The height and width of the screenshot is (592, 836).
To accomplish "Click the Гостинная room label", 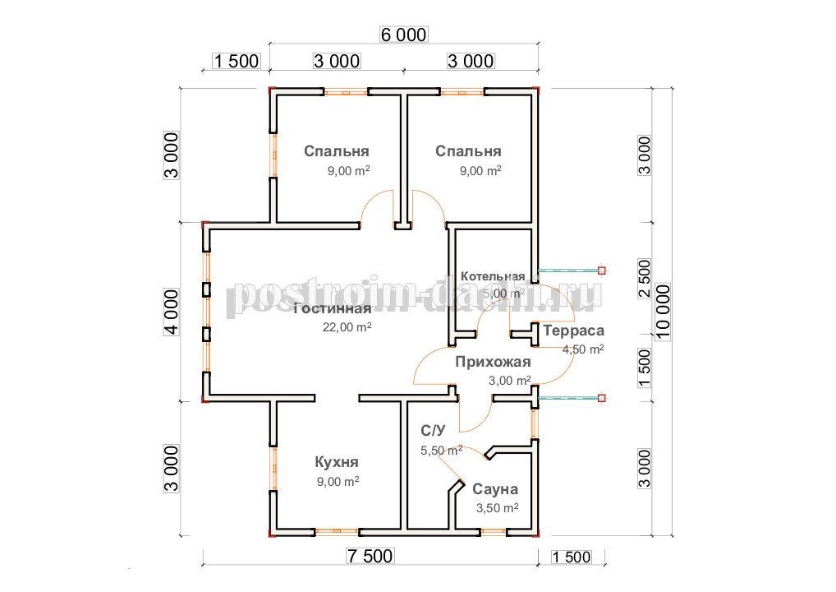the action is (x=332, y=309).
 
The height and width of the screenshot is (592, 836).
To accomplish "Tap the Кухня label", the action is (x=337, y=462).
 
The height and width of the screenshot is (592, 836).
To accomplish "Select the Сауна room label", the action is (x=494, y=489).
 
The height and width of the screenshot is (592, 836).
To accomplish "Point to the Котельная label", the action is (x=493, y=276).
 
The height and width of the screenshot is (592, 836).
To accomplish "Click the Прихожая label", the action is (x=493, y=362).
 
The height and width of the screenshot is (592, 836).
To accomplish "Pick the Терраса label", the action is (x=574, y=331).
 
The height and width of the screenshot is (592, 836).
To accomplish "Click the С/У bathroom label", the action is (x=433, y=431).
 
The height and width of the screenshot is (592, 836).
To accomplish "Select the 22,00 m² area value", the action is (x=347, y=326).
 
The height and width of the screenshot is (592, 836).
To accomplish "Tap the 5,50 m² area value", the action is (x=442, y=451).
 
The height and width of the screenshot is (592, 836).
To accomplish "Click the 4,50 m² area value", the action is (x=583, y=349).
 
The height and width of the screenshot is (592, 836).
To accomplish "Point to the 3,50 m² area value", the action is (x=497, y=507).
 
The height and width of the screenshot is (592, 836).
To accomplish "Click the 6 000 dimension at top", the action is (x=403, y=35).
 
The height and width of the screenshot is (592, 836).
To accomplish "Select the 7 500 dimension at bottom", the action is (x=370, y=557).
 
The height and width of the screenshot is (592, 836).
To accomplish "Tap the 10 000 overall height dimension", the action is (x=662, y=312).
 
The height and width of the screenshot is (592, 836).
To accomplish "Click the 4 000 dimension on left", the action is (x=171, y=312).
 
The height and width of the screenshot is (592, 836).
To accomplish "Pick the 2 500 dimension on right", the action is (x=644, y=279).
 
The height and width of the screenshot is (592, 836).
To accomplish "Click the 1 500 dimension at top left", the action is (x=237, y=62).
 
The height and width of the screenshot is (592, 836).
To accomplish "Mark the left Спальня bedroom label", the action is (x=337, y=151).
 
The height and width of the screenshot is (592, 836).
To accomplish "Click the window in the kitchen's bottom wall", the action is (x=337, y=532).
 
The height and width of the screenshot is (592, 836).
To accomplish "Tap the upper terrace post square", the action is (x=601, y=271).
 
